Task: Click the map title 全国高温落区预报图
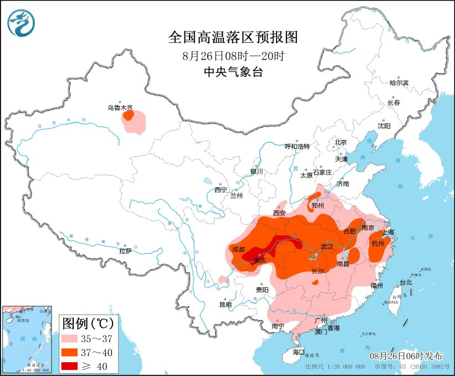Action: pos(233,37)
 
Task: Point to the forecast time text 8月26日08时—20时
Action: pos(233,56)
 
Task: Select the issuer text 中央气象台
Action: pos(233,72)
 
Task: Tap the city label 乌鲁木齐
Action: pos(120,109)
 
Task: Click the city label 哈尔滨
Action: pos(398,83)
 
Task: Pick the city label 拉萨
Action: pos(125,251)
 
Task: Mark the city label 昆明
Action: pos(226,305)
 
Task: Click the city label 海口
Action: pos(299,352)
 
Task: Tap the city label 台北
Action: pos(406,282)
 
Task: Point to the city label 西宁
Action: pos(221,190)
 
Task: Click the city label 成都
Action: pos(238,249)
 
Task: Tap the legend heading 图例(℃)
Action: pos(87,322)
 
